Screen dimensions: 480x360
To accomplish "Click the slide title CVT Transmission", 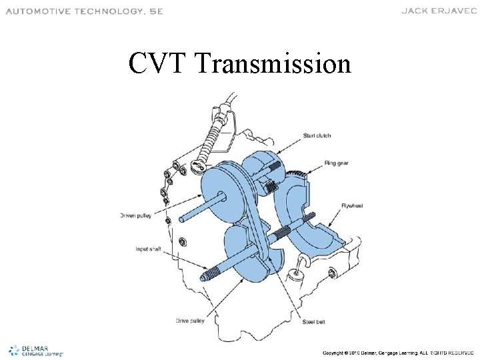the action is [240, 64].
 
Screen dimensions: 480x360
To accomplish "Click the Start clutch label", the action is [317, 135].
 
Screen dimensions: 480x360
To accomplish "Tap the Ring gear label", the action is [337, 163].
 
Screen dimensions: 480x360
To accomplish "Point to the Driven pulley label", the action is [135, 215].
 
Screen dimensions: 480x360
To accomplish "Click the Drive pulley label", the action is [191, 321].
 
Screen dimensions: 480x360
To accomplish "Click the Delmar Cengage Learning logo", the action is [37, 351].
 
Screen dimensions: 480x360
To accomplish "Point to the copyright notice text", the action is [398, 352].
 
